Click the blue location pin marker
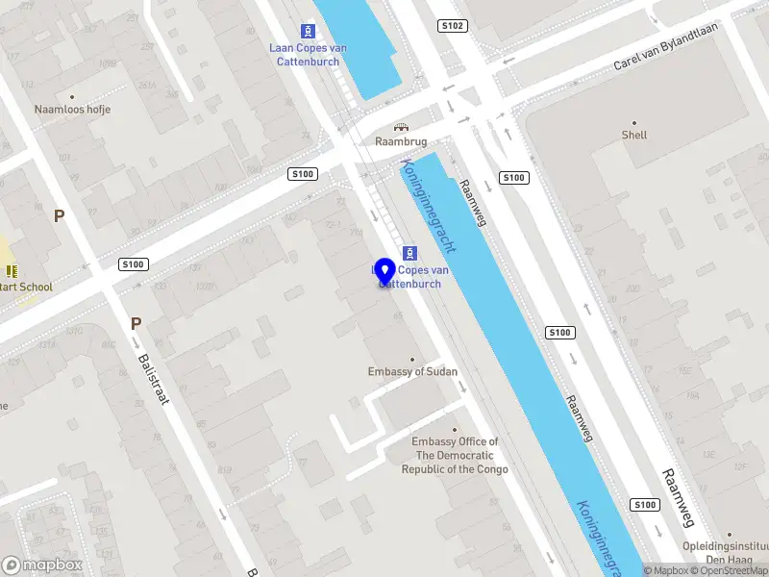click(x=385, y=271)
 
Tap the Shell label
click(x=633, y=136)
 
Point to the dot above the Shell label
click(x=633, y=122)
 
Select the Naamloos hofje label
click(x=72, y=110)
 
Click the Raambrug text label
click(x=401, y=141)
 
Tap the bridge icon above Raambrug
click(x=401, y=127)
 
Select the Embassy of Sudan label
click(x=412, y=372)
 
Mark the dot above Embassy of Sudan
click(x=413, y=359)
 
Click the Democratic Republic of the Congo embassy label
click(x=455, y=456)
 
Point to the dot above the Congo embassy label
click(x=455, y=430)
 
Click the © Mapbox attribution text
click(x=667, y=571)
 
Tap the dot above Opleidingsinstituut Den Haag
click(x=730, y=534)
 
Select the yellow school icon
click(x=12, y=271)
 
